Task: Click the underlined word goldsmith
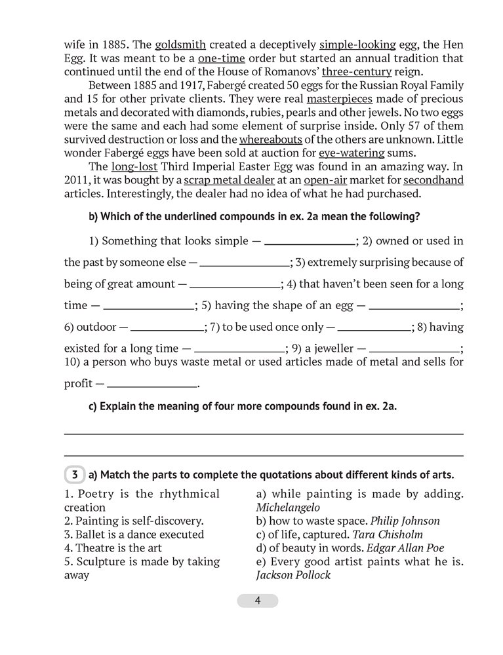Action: pos(180,45)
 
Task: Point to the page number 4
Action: pos(257,601)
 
